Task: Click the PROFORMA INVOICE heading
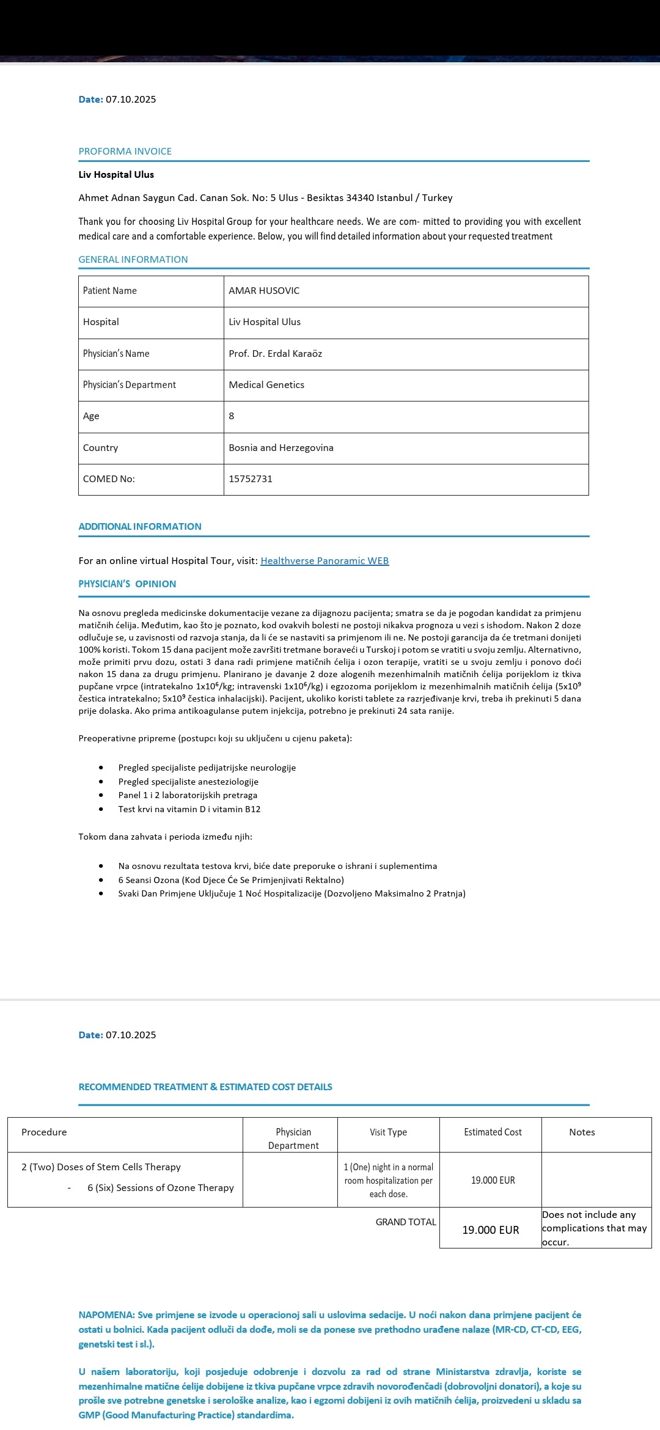pos(125,152)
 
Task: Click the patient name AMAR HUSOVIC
pos(264,291)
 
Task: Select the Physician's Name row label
pos(116,354)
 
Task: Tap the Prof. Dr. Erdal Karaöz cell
pos(275,354)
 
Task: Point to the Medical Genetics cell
pos(266,385)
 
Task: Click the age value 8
pos(232,416)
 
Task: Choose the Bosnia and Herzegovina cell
pos(281,448)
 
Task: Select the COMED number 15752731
pos(251,479)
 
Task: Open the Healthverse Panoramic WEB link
pos(324,561)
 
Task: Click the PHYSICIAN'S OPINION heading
pos(127,584)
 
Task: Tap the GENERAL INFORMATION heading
pos(133,260)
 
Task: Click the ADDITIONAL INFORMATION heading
pos(140,527)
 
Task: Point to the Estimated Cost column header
pos(493,1132)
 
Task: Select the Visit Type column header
pos(388,1132)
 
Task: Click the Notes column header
pos(582,1132)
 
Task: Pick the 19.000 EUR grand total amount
pos(490,1230)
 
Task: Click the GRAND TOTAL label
pos(406,1222)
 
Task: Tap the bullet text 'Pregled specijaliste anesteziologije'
pos(188,782)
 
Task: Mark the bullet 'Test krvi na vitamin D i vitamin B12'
pos(189,809)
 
